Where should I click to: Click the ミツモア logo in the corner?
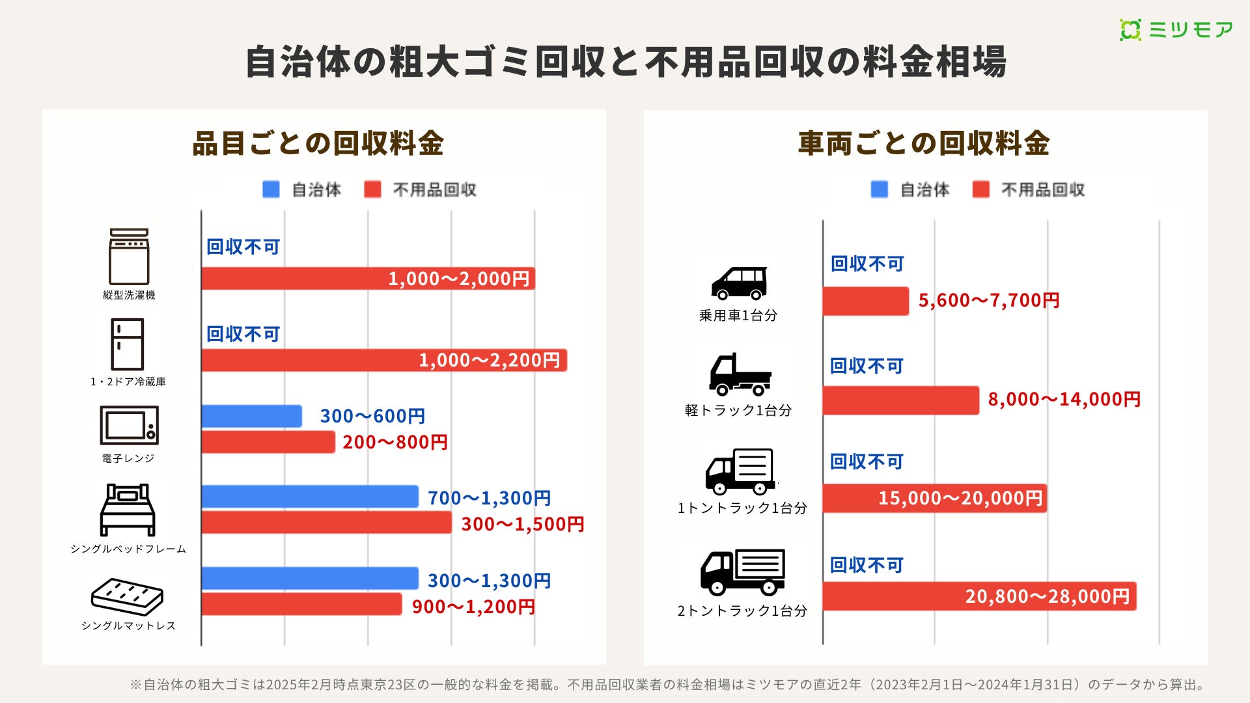pyautogui.click(x=1176, y=30)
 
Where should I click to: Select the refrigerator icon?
pyautogui.click(x=127, y=344)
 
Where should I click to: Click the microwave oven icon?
pyautogui.click(x=129, y=425)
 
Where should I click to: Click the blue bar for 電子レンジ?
pyautogui.click(x=251, y=416)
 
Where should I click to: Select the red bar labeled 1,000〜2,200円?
pyautogui.click(x=384, y=360)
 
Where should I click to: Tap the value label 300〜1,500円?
pyautogui.click(x=522, y=524)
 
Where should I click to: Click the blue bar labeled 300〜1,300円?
pyautogui.click(x=310, y=579)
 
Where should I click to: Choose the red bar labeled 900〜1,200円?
pyautogui.click(x=301, y=604)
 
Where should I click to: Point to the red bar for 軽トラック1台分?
pyautogui.click(x=900, y=400)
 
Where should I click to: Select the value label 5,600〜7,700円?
pyautogui.click(x=989, y=300)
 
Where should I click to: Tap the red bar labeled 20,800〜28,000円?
pyautogui.click(x=979, y=596)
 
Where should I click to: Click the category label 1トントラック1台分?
pyautogui.click(x=742, y=508)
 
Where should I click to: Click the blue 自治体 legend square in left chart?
pyautogui.click(x=271, y=189)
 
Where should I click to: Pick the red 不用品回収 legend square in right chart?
pyautogui.click(x=980, y=189)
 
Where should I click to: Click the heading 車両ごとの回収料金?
pyautogui.click(x=924, y=143)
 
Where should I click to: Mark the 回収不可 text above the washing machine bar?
pyautogui.click(x=243, y=247)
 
